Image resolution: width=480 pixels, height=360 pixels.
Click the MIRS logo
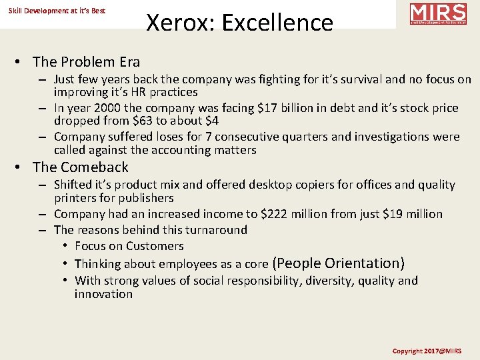[438, 14]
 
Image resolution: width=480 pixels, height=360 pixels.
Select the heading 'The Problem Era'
[86, 62]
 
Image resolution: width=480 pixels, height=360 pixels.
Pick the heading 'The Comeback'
[80, 167]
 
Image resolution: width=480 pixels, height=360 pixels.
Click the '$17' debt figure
[250, 108]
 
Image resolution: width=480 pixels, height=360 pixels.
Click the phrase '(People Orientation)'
[339, 263]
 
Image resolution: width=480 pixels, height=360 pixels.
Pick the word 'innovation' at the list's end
[103, 294]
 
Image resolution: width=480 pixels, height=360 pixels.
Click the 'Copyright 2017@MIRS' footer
[427, 351]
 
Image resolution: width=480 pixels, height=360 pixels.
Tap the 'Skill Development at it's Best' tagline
[57, 11]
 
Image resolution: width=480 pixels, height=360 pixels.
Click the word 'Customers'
[155, 246]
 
